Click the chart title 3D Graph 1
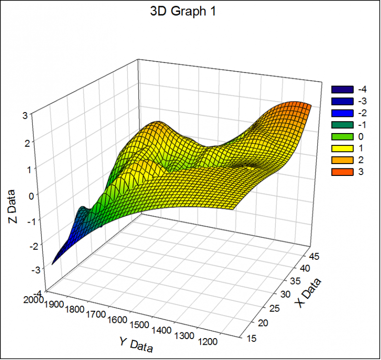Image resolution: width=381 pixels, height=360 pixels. (x=183, y=11)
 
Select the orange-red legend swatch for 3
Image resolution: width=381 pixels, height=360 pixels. (x=342, y=172)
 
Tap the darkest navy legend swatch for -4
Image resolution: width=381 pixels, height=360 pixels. (x=342, y=89)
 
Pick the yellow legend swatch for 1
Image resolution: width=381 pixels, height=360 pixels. (x=342, y=148)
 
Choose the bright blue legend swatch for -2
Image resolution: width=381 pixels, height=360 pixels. (x=342, y=113)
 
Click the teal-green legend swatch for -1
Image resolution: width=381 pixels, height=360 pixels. (x=342, y=125)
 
